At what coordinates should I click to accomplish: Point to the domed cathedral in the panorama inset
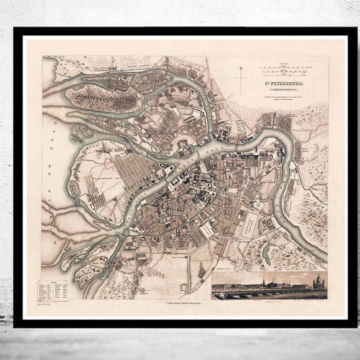point(318,283)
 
